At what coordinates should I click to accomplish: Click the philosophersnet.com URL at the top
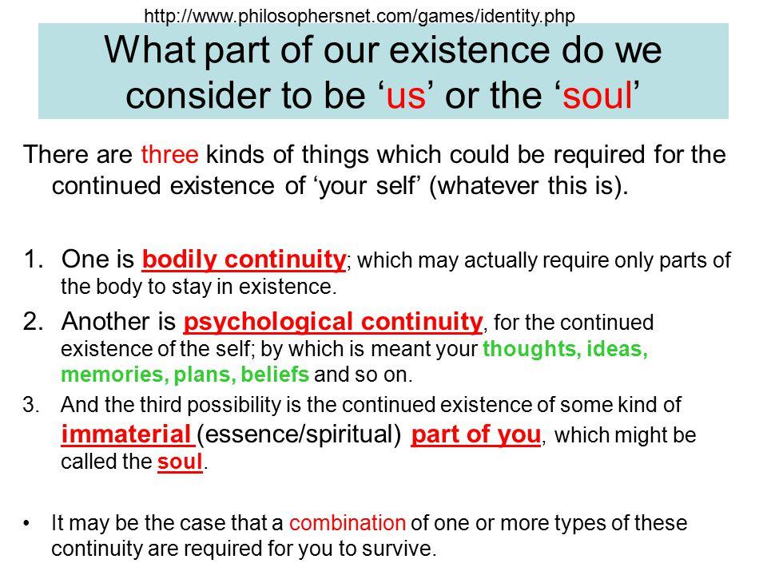(x=360, y=16)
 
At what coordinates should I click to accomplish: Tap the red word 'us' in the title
(x=406, y=95)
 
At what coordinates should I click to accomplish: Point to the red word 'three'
(x=169, y=154)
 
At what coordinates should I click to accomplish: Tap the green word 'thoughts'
(x=532, y=349)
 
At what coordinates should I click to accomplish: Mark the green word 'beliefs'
(x=275, y=374)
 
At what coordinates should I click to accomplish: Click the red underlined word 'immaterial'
(x=126, y=434)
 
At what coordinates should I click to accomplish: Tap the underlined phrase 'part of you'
(x=476, y=434)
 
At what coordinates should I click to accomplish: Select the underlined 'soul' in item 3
(x=180, y=462)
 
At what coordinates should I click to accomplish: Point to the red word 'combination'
(x=348, y=522)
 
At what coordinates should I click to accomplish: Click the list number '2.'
(x=34, y=322)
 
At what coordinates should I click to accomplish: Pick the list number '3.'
(x=31, y=405)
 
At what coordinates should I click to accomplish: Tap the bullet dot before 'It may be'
(x=26, y=524)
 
